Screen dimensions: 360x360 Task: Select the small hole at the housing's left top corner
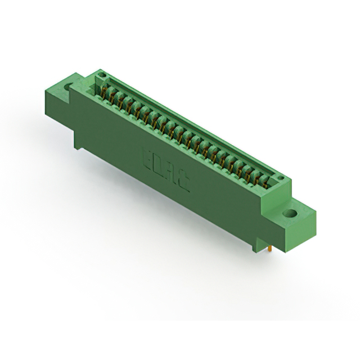[x=101, y=74]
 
